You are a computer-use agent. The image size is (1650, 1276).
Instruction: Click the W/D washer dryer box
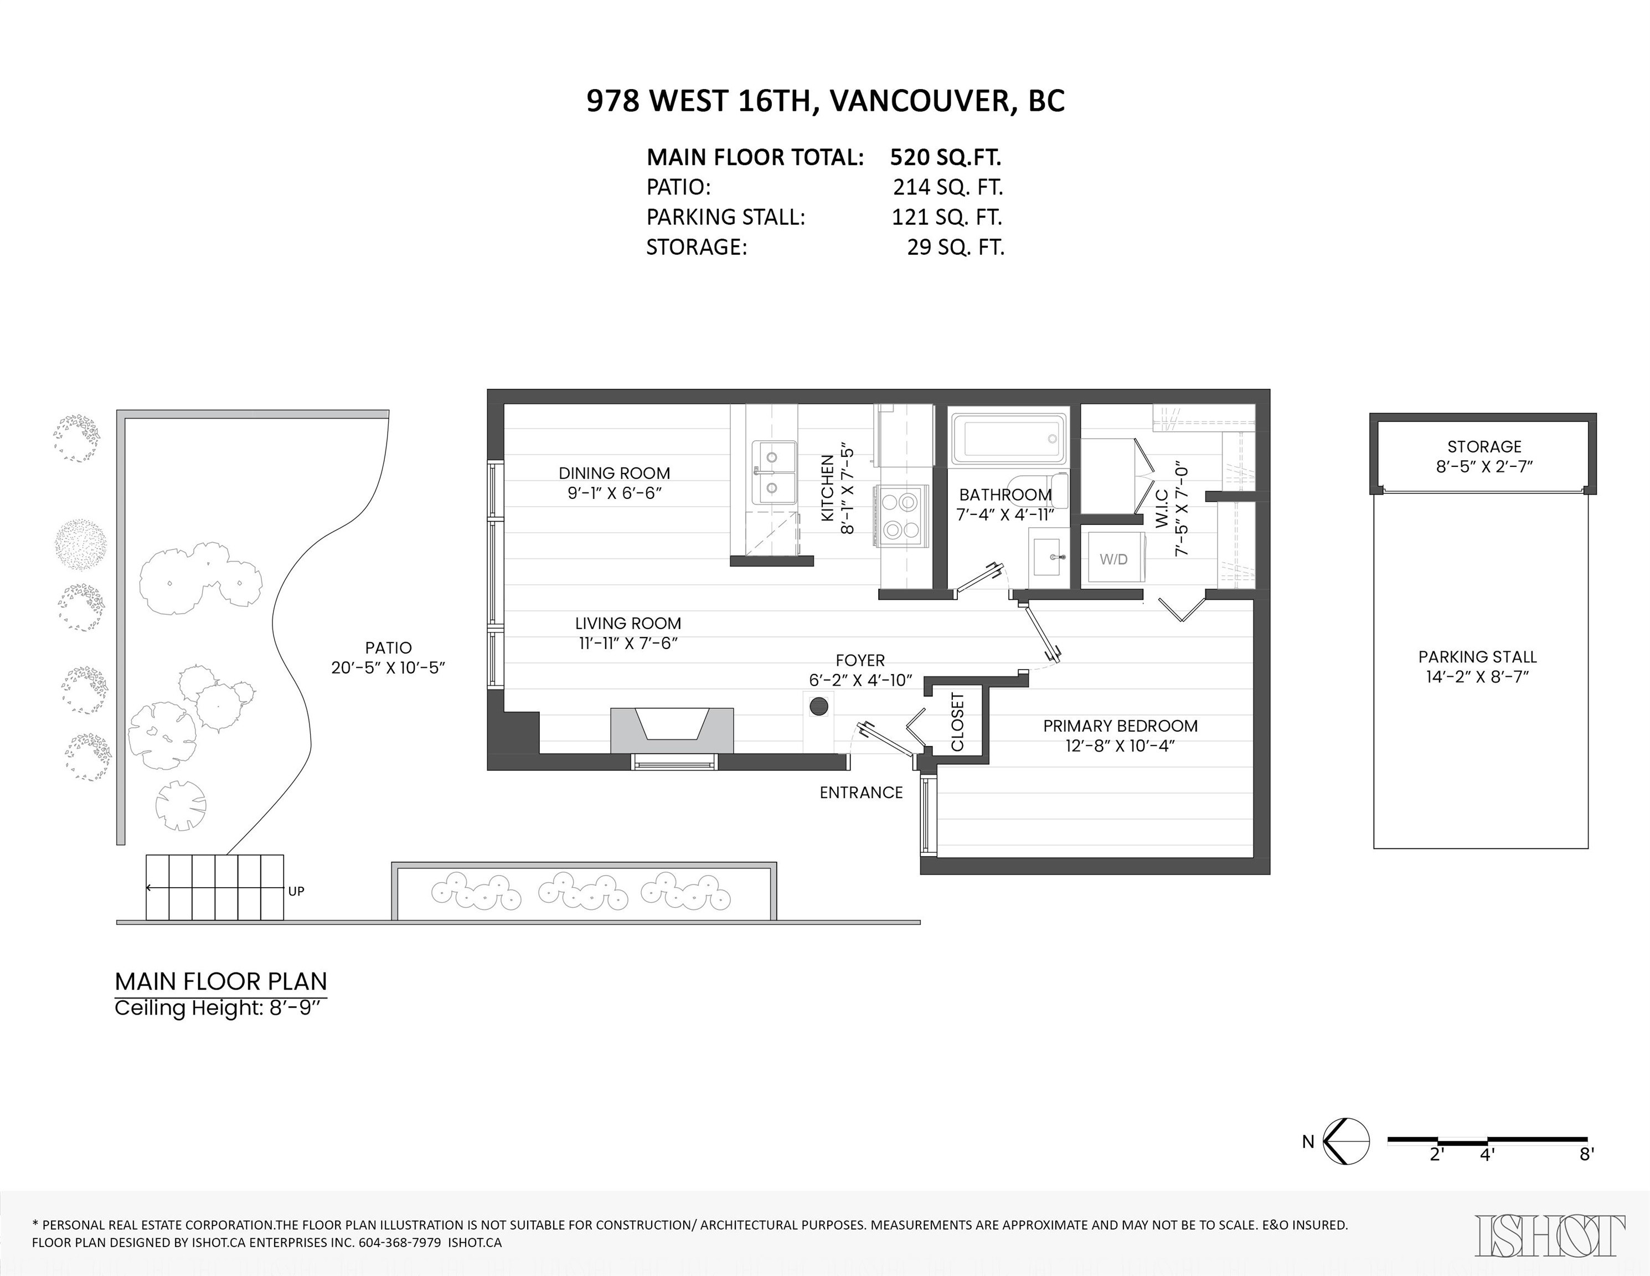[x=1113, y=559]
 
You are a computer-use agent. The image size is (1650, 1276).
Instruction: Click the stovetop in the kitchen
[x=900, y=515]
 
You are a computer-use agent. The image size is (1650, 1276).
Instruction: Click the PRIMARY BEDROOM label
[x=1120, y=726]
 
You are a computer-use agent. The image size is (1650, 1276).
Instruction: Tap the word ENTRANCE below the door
[x=860, y=793]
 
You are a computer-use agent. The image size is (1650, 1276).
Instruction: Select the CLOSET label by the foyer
[x=957, y=722]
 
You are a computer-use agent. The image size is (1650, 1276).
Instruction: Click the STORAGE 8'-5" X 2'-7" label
[x=1484, y=456]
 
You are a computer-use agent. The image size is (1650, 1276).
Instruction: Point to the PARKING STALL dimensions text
[x=1477, y=677]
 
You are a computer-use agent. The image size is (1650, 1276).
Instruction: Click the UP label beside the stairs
[x=296, y=892]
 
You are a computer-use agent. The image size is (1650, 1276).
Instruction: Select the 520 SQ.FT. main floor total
[x=945, y=157]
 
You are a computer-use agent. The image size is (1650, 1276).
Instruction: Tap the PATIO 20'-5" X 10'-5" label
[x=388, y=657]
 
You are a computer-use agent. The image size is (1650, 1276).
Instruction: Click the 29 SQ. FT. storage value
[x=955, y=247]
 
